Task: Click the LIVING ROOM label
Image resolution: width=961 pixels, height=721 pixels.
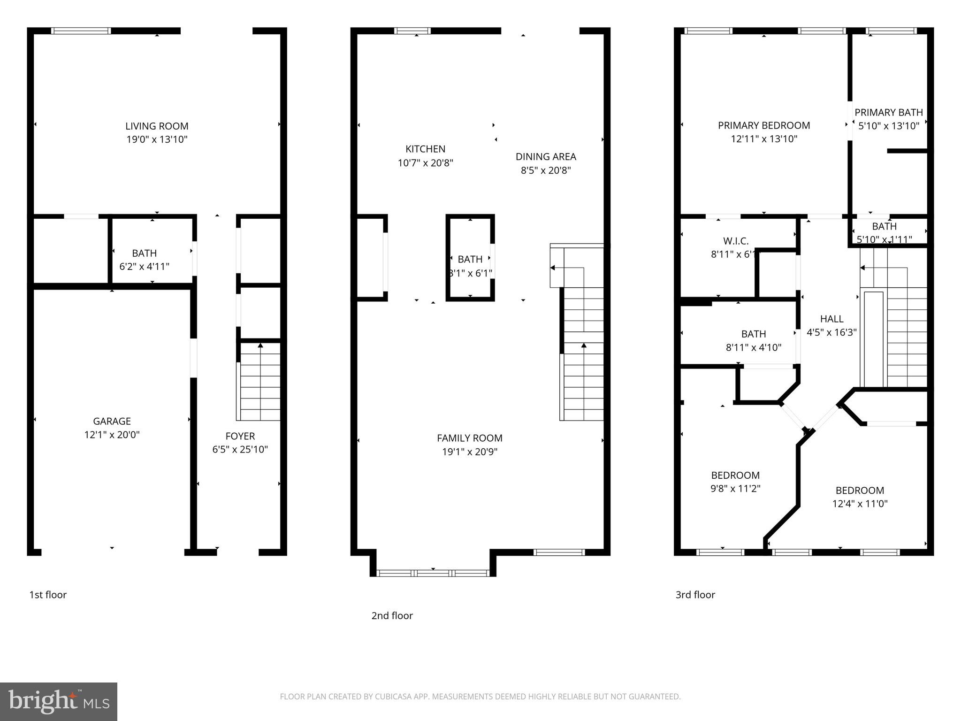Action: tap(157, 126)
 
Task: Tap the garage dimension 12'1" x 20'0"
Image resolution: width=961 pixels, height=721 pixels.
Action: tap(112, 435)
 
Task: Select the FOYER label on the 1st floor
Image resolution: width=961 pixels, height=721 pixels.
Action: tap(240, 436)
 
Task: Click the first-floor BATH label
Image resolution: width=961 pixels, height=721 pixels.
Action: tap(144, 253)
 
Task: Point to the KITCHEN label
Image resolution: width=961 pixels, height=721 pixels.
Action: tap(425, 149)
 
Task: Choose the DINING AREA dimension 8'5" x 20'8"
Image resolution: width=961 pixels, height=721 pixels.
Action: tap(545, 170)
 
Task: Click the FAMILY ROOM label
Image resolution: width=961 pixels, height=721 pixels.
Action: tap(469, 438)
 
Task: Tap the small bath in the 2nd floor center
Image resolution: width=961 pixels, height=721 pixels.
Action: tap(470, 260)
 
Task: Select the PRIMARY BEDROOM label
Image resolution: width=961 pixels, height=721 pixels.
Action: tap(763, 125)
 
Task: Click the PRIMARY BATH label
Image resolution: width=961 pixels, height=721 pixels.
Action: tap(888, 113)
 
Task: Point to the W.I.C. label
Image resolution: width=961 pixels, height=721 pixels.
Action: tap(735, 241)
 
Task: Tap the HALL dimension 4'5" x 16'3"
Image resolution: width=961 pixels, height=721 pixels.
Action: tap(831, 332)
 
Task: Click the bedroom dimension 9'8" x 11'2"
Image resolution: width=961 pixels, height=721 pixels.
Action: tap(735, 489)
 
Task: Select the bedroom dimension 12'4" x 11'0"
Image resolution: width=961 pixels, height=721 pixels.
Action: tap(860, 504)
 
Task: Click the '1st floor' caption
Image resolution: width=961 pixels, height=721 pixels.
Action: tap(48, 595)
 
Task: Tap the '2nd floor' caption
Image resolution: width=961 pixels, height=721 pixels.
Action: tap(392, 615)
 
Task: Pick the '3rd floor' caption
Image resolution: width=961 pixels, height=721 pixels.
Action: tap(695, 595)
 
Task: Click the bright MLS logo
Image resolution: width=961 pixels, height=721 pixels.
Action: tap(58, 701)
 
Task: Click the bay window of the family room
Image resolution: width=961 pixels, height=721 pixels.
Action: tap(433, 573)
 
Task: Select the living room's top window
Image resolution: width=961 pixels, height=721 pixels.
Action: tap(81, 31)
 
